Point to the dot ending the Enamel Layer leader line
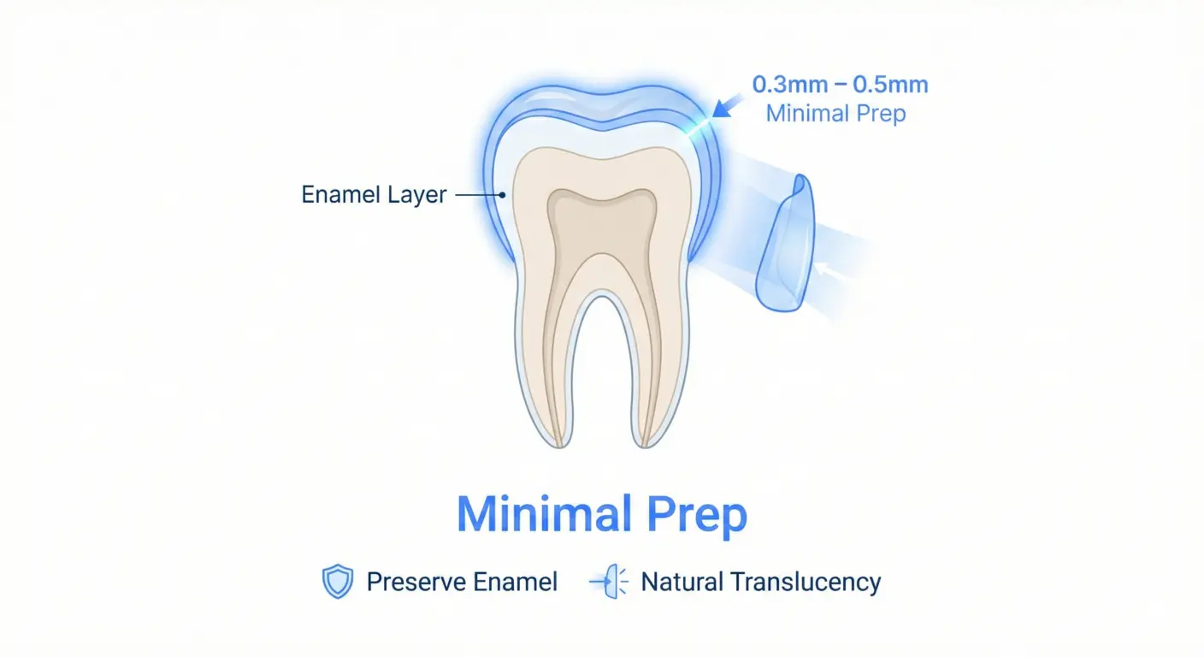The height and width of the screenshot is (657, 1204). tap(504, 195)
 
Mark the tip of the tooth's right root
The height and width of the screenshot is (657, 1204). tap(646, 441)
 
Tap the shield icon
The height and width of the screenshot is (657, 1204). tap(337, 583)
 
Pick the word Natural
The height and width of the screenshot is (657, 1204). tap(682, 583)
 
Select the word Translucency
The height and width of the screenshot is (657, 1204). tap(806, 583)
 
